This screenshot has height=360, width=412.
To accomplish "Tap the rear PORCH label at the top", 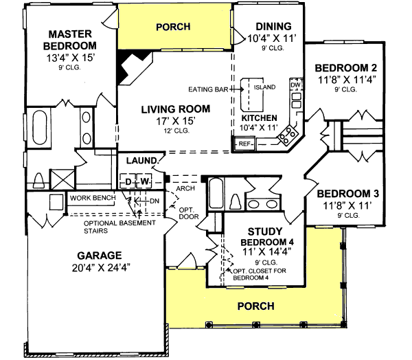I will coord(173,27).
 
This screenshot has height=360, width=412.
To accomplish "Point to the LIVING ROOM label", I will coord(176,109).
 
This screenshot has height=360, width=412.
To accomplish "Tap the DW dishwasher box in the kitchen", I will coord(296,85).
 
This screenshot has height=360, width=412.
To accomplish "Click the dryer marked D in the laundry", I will coord(128,181).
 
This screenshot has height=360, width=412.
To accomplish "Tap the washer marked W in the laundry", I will coord(145,181).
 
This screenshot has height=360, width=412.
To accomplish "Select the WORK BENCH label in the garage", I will coord(93,198).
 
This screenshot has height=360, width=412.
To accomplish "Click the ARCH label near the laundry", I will coord(183,187).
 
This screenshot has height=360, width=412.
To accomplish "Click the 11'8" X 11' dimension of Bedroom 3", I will coord(342,205).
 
